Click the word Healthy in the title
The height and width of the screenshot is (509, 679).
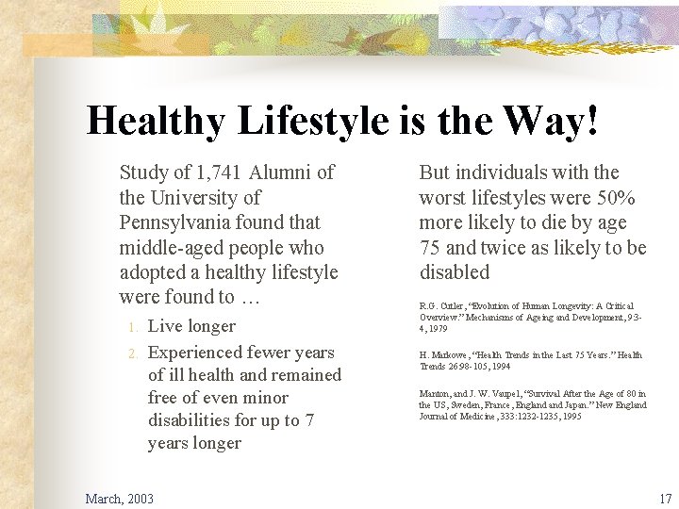click(155, 122)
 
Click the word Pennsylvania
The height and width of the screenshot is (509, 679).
click(176, 222)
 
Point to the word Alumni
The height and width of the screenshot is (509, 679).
click(282, 172)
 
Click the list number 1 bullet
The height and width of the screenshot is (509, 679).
click(134, 327)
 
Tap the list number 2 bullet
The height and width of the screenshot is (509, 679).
click(134, 353)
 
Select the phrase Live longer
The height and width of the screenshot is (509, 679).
click(192, 326)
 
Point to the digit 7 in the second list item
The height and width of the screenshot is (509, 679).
click(307, 419)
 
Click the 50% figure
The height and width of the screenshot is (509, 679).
click(617, 198)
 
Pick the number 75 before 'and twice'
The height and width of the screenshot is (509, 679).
click(430, 248)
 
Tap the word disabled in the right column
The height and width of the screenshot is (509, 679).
click(455, 272)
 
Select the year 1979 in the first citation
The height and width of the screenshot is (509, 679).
click(436, 328)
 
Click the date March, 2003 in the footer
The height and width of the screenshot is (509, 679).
click(120, 498)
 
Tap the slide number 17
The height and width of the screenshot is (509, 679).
click(665, 498)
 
